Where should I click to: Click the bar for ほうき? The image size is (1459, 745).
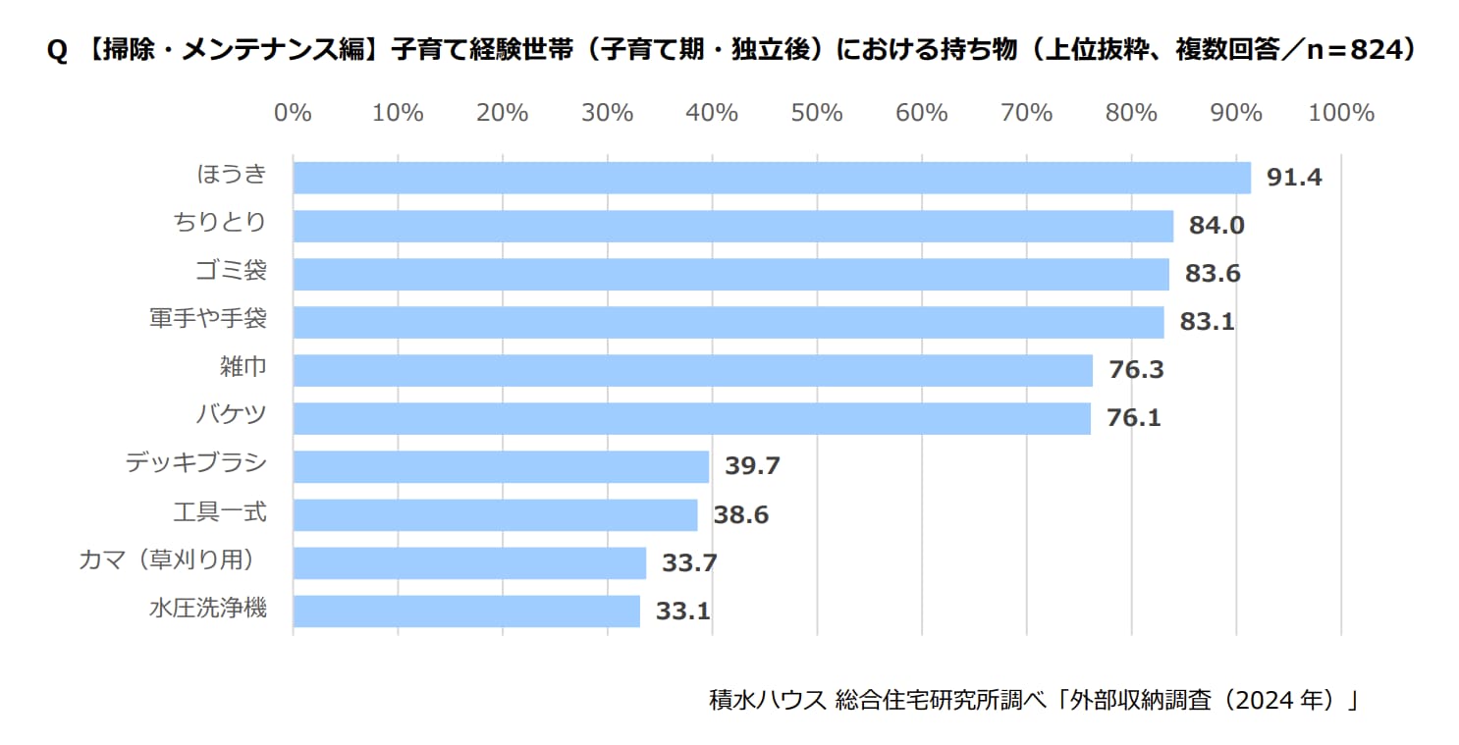772,178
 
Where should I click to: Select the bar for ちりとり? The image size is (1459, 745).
733,226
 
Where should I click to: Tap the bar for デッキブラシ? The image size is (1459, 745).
501,466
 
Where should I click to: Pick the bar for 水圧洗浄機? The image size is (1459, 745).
466,611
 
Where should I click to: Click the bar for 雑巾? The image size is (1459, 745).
692,370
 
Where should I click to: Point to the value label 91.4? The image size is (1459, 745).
1294,178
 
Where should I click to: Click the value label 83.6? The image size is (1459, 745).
1213,274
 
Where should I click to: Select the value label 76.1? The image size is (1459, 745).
1134,418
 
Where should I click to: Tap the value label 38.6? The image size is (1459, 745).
740,514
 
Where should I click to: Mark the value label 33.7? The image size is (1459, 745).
689,562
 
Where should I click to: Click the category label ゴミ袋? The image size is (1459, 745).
231,272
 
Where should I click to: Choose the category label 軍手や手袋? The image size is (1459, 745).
207,320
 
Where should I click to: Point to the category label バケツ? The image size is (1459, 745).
231,416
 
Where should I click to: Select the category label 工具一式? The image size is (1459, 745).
219,512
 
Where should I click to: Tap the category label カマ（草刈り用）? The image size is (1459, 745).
171,560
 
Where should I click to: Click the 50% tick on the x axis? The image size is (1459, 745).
817,113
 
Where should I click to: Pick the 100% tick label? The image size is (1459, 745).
1341,113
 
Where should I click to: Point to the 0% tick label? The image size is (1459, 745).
293,113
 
